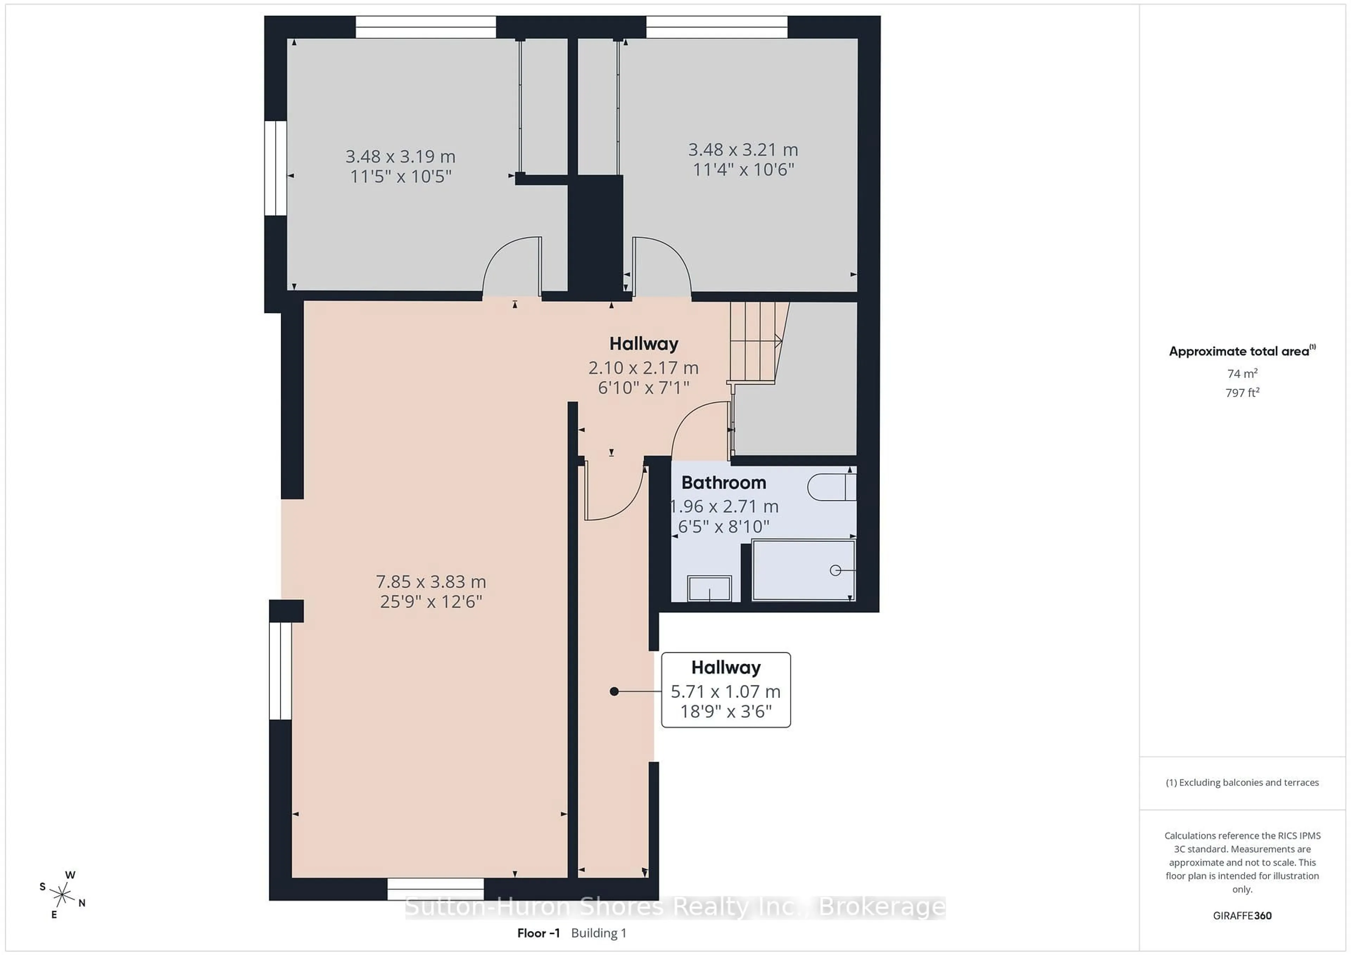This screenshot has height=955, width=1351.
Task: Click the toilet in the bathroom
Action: pyautogui.click(x=831, y=487)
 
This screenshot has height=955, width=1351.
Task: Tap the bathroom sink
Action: pyautogui.click(x=709, y=588)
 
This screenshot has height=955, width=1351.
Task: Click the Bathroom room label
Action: pyautogui.click(x=724, y=483)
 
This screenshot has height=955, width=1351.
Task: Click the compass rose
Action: pyautogui.click(x=62, y=895)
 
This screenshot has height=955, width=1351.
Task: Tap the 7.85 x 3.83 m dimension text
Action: pyautogui.click(x=431, y=582)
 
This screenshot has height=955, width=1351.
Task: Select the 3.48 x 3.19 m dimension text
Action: pyautogui.click(x=400, y=156)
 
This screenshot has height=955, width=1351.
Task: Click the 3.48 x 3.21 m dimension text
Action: pyautogui.click(x=743, y=150)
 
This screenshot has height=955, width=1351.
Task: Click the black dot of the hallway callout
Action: pyautogui.click(x=614, y=692)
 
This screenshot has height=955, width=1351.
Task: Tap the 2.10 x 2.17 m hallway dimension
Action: pyautogui.click(x=643, y=368)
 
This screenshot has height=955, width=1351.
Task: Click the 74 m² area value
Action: pyautogui.click(x=1242, y=373)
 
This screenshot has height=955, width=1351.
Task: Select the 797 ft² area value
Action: pyautogui.click(x=1242, y=392)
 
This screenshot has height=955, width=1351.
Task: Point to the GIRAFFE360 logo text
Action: pyautogui.click(x=1242, y=916)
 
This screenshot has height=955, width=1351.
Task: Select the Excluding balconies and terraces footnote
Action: pyautogui.click(x=1242, y=782)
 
